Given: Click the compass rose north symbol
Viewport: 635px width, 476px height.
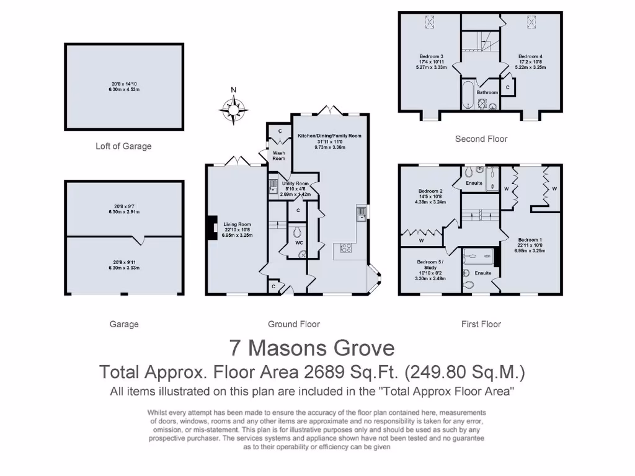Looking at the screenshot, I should (234, 109).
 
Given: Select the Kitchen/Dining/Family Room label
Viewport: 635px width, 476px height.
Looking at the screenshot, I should (329, 135).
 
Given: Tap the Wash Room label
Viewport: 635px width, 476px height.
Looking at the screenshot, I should (278, 156).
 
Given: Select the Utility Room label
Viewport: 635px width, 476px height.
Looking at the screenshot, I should (295, 183).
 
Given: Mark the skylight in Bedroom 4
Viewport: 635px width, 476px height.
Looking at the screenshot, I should (531, 22).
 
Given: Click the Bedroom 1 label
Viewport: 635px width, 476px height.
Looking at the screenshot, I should (529, 239).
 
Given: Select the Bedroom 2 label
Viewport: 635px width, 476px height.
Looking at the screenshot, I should (430, 191).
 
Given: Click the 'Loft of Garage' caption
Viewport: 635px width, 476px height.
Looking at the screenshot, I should (123, 146).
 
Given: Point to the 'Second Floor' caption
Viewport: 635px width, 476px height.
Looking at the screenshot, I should (481, 139).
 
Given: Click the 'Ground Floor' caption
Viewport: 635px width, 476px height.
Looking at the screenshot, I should (294, 324).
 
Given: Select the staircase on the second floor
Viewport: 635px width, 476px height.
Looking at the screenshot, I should (480, 42).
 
